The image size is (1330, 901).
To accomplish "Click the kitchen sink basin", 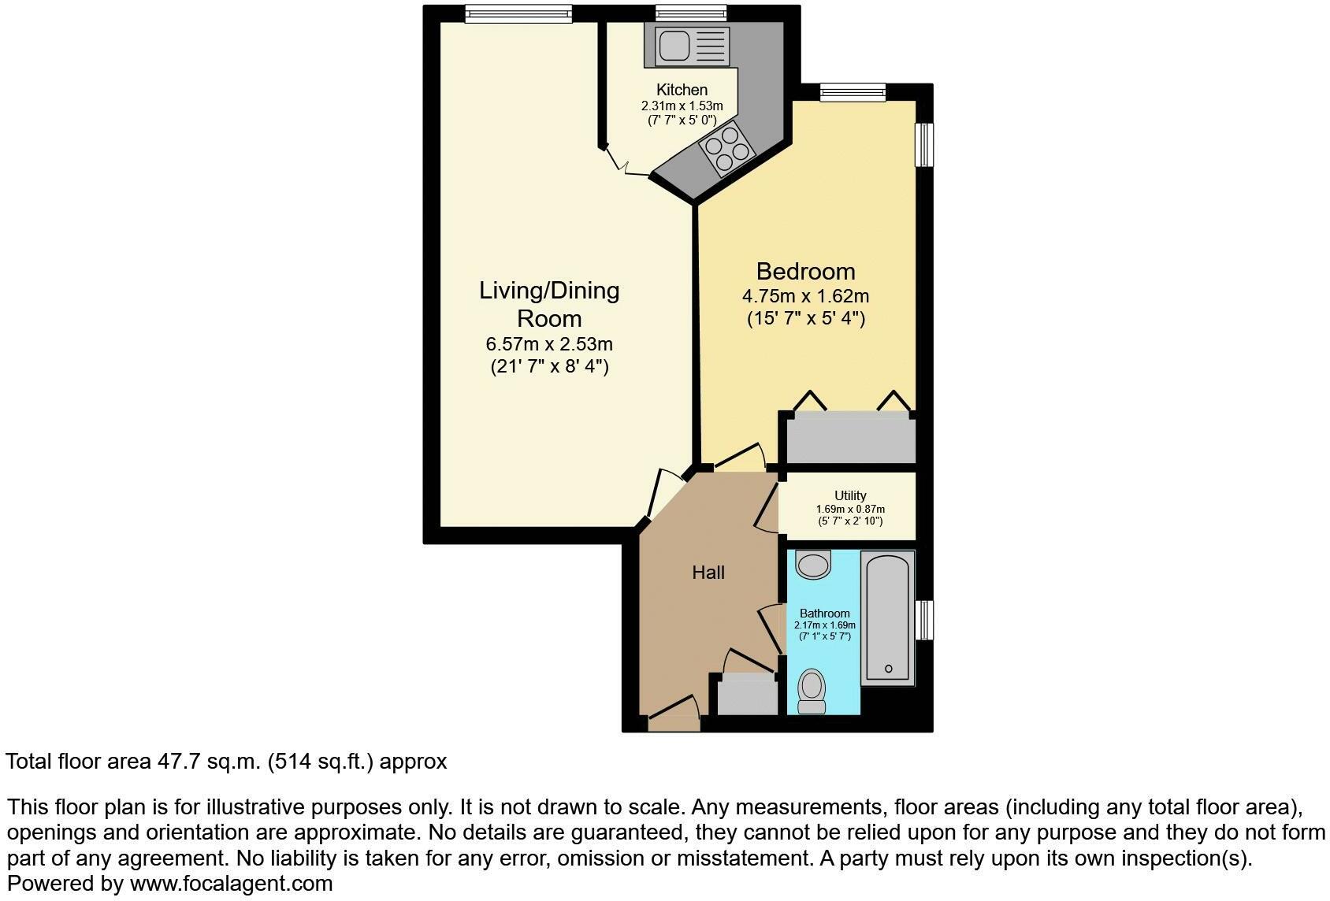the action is click(674, 46).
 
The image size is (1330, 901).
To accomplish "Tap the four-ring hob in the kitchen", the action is click(727, 148).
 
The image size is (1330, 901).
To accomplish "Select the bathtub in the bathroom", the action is click(888, 618).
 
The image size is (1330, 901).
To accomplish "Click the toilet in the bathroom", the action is click(812, 691).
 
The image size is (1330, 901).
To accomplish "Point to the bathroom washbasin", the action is click(813, 564).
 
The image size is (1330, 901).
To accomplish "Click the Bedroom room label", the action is click(806, 271).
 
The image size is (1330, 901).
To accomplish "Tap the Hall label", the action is click(708, 572).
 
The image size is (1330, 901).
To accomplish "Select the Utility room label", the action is click(850, 495).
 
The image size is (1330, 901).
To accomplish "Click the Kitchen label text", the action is click(682, 90).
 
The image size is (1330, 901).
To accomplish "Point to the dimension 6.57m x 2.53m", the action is click(549, 344).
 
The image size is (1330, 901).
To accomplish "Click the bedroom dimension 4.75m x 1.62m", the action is click(806, 295).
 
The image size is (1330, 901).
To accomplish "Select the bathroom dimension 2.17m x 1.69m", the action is click(825, 625).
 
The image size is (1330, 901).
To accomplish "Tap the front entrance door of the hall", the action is click(674, 712).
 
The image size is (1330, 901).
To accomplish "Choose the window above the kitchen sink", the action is click(691, 13).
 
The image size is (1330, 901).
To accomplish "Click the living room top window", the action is click(518, 13).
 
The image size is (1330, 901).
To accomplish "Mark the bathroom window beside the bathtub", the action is click(924, 621).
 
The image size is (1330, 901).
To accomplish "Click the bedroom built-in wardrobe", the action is click(850, 437).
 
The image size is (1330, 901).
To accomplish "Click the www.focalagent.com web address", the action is click(232, 884).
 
